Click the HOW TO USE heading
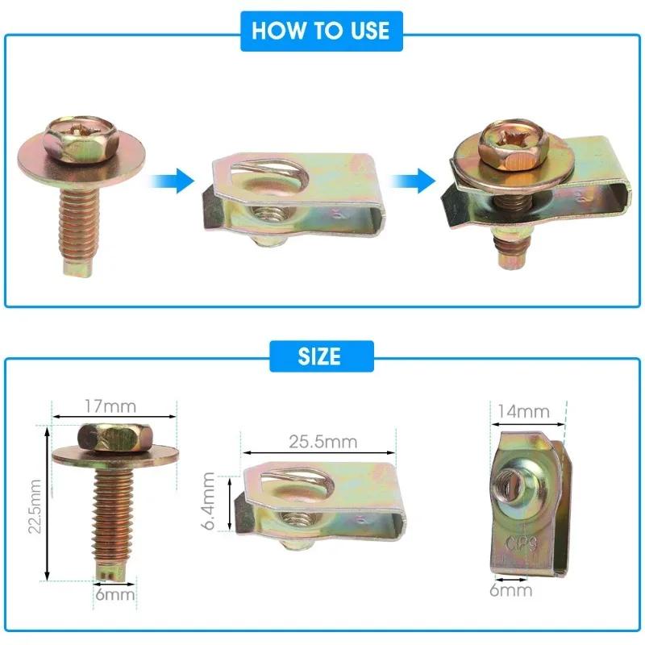click(x=321, y=31)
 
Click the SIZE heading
click(x=321, y=356)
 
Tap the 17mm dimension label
click(x=113, y=405)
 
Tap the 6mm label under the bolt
click(x=113, y=595)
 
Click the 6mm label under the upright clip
click(x=511, y=590)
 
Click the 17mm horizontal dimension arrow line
click(x=113, y=416)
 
